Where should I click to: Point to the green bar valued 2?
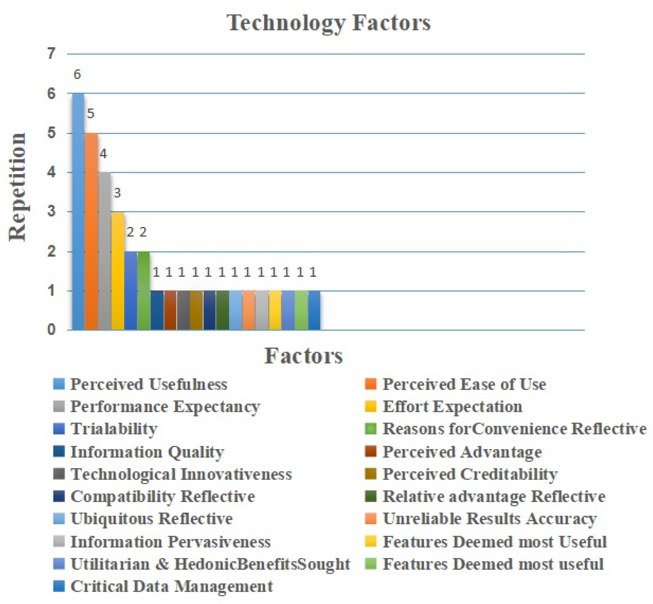pos(143,290)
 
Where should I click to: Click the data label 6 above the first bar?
pos(77,74)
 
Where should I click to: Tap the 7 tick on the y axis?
pos(51,53)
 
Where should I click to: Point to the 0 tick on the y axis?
pos(51,329)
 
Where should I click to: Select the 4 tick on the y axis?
pos(51,172)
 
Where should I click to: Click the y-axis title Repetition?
pos(17,187)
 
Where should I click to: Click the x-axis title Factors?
pos(303,356)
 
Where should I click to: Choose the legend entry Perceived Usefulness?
pos(149,384)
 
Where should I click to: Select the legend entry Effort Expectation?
pos(452,407)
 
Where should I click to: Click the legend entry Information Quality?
pos(147,452)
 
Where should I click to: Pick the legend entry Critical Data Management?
pos(172,586)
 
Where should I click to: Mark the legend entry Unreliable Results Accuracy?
pos(489,519)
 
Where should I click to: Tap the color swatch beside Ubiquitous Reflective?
pos(59,519)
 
